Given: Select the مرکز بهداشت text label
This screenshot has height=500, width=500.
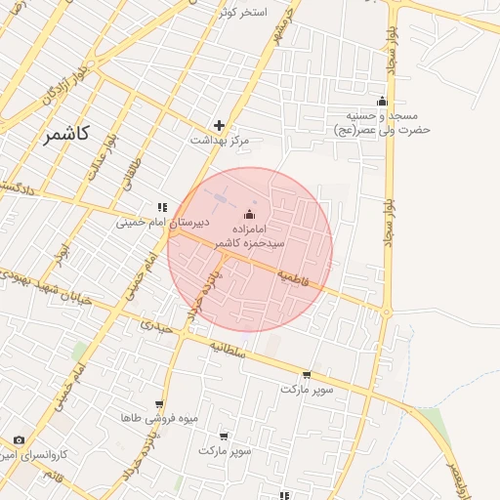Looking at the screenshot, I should coord(220,142).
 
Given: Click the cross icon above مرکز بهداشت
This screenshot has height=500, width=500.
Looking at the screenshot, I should coord(219,125).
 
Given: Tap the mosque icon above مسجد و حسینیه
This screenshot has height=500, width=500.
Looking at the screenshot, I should coord(382,102).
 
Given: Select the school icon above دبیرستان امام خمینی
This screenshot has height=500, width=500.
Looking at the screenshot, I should coord(161,206).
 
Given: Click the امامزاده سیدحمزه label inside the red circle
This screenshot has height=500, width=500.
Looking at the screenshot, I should coord(251,234).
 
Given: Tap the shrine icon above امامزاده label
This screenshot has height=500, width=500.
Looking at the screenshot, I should coord(250,214).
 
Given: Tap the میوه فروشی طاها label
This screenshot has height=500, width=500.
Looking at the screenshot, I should coord(160,418).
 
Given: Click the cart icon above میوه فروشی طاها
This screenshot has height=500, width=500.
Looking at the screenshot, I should coord(159,403).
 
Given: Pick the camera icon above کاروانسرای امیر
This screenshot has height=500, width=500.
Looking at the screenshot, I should coord(20,440).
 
